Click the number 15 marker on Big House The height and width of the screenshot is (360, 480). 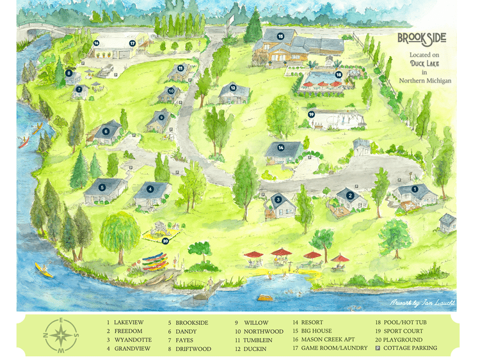[280, 36]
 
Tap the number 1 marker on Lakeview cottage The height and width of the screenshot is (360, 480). [414, 189]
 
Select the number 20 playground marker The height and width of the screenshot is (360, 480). [165, 241]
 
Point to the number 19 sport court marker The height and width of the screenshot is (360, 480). [312, 114]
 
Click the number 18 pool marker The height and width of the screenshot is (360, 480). [339, 74]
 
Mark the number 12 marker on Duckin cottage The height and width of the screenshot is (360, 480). [233, 88]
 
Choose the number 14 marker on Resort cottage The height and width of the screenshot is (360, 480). [281, 148]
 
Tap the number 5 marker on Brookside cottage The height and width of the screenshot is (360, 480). [102, 188]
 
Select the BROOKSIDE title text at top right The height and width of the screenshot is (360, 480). [422, 38]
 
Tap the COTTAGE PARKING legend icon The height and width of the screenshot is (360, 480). [378, 348]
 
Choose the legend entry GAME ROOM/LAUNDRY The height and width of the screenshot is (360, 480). [333, 348]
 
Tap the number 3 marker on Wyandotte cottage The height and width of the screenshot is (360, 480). [278, 200]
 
